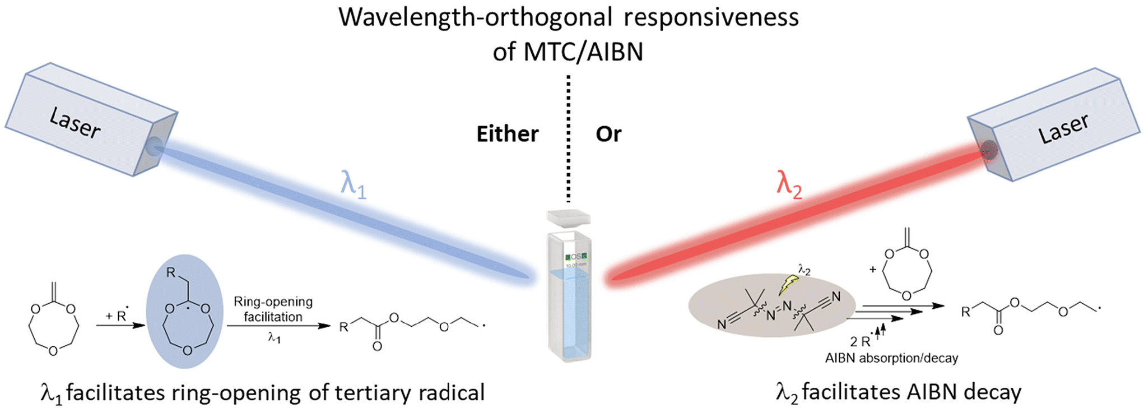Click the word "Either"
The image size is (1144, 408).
pos(507,134)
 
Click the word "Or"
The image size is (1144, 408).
pos(608,134)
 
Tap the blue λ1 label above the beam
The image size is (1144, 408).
pos(353,183)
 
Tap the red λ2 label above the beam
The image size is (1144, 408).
pos(789,183)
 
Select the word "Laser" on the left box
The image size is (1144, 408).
pos(75,123)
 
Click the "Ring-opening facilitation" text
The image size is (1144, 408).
pos(273,309)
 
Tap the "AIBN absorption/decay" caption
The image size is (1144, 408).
pos(891,358)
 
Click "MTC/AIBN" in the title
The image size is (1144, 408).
pos(583,52)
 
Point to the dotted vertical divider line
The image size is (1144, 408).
pos(568,140)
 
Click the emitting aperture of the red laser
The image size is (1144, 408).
pos(989,150)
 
